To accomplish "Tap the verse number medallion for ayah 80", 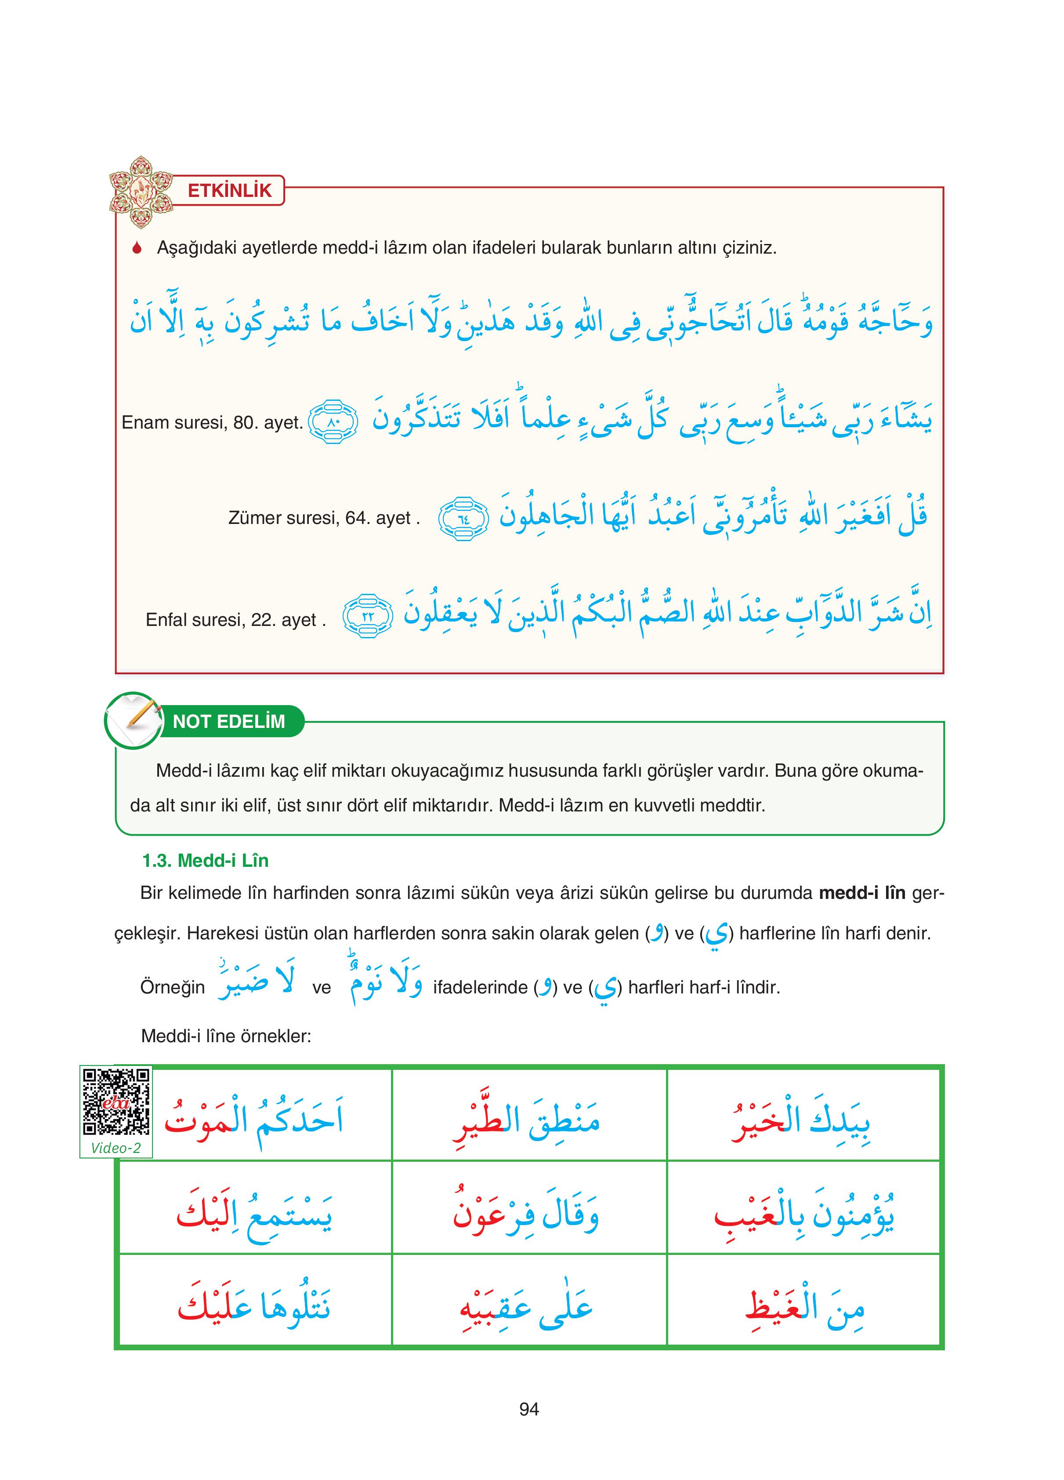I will point(333,422).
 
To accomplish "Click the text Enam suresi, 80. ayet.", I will point(212,423).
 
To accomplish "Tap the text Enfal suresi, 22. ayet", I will point(235,619).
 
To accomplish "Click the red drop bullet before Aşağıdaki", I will point(137,249).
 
